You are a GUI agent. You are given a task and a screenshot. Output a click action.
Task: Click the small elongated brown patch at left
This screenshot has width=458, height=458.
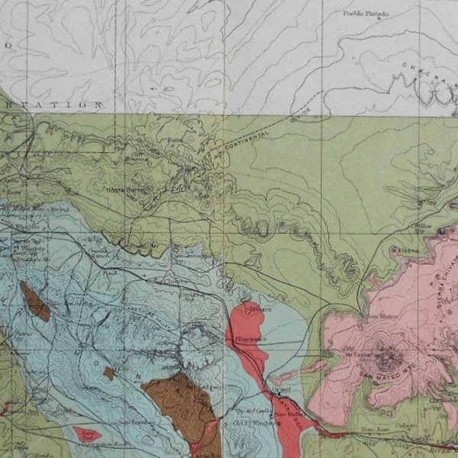click(35, 302)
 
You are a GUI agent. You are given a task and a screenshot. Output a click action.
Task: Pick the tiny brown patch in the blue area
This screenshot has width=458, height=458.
click(109, 373)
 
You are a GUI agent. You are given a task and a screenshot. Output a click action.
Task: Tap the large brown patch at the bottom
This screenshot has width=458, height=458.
click(183, 405)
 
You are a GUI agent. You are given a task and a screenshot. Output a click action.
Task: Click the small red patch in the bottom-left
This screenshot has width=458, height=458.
click(88, 435)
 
